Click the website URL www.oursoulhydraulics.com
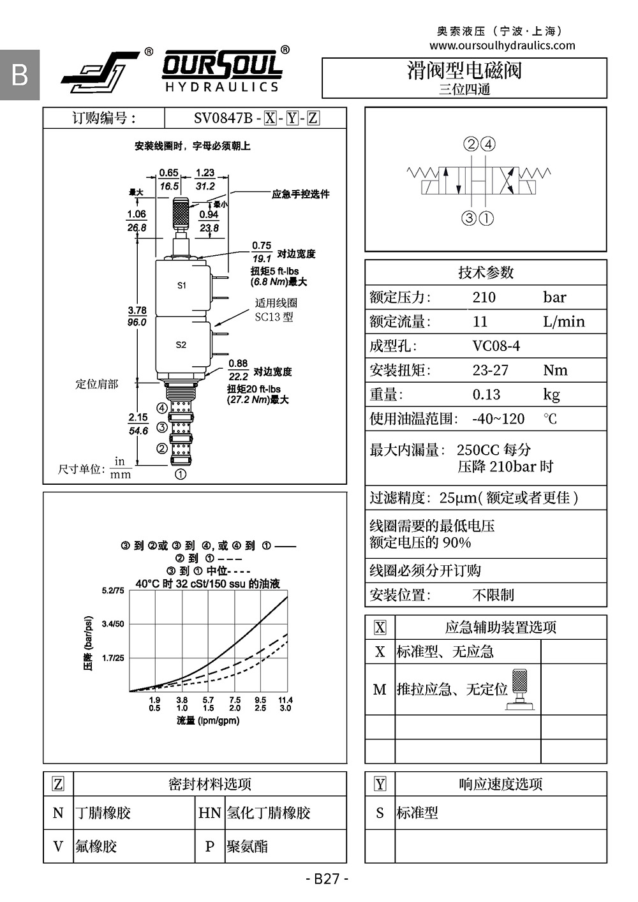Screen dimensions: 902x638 click(x=502, y=45)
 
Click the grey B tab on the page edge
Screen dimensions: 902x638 click(x=20, y=75)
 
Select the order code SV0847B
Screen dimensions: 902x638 click(x=223, y=118)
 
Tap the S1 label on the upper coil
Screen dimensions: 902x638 click(x=182, y=285)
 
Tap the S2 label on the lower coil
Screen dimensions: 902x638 click(x=181, y=344)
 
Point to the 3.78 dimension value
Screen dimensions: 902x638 click(x=137, y=311)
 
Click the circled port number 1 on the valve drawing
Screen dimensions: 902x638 click(x=181, y=474)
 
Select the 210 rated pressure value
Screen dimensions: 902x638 click(x=484, y=297)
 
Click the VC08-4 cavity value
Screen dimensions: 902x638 click(x=496, y=346)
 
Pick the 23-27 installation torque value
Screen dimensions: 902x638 click(x=490, y=370)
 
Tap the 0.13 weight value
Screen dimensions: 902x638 click(x=486, y=394)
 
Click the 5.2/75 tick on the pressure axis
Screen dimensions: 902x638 click(x=113, y=591)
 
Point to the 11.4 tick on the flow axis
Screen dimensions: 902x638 click(x=285, y=700)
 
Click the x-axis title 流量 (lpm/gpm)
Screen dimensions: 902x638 click(x=208, y=721)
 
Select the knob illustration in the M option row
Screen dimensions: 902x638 click(x=520, y=688)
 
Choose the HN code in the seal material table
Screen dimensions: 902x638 click(x=209, y=813)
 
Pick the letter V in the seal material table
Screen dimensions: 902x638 click(x=58, y=846)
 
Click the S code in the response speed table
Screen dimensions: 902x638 click(x=380, y=813)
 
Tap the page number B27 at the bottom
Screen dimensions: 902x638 click(x=327, y=879)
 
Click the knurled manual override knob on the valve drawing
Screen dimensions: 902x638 click(x=181, y=212)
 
